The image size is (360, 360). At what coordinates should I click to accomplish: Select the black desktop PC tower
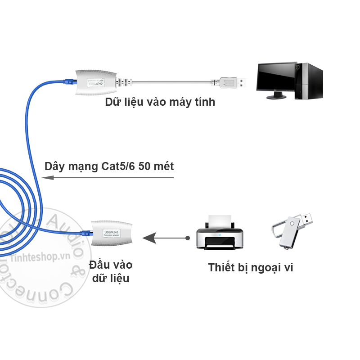tap(310, 81)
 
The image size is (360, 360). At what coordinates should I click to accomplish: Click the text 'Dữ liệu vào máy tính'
tap(160, 102)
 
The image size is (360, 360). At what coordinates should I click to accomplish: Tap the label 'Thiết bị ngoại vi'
tap(251, 268)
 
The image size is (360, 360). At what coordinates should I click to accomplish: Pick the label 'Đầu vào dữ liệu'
tap(111, 271)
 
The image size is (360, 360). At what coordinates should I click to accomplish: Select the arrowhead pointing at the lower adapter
tap(147, 237)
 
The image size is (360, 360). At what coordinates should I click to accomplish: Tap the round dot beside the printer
tap(187, 237)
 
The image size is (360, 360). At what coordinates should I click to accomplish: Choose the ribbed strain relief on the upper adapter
tap(124, 82)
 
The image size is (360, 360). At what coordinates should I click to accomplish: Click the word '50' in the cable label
tap(145, 166)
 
